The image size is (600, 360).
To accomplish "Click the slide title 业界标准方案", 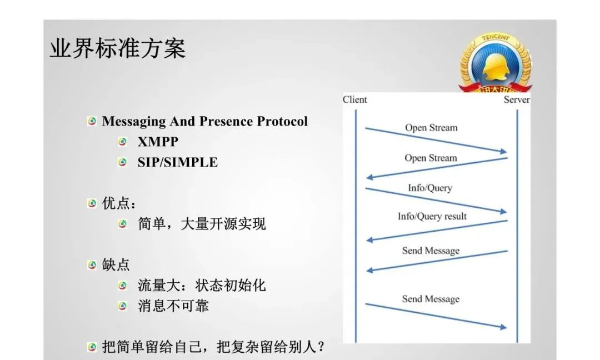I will tap(118, 49).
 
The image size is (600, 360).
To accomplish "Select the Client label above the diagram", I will tap(355, 99).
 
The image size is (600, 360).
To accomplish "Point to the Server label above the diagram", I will tap(517, 99).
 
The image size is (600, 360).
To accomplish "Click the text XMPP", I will tap(158, 142).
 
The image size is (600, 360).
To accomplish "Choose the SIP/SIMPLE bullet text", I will tap(178, 162).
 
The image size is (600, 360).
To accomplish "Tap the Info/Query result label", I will tap(432, 216).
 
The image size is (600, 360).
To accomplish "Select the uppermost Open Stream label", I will tap(431, 127).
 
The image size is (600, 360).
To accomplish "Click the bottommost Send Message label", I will tap(431, 299).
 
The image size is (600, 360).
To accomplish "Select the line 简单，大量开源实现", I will tap(202, 223).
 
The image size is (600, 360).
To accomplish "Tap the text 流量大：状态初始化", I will tap(202, 285).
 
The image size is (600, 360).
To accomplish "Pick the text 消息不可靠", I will tap(173, 306).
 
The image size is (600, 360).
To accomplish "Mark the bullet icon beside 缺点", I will tap(92, 265).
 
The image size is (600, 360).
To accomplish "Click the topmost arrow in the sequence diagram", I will tap(436, 140).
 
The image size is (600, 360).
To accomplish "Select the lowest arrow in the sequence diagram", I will tap(436, 316).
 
